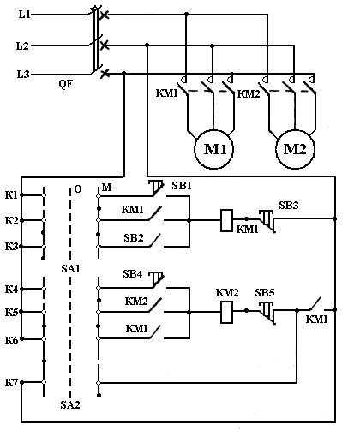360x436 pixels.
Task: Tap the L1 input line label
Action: click(25, 14)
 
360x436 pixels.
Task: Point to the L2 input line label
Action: click(22, 45)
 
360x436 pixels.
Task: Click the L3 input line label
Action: click(23, 75)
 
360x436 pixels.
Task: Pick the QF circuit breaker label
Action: click(66, 84)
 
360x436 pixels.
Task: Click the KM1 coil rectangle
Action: click(226, 220)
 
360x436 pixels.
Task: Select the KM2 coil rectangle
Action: click(227, 312)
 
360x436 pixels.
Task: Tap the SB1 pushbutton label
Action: click(182, 186)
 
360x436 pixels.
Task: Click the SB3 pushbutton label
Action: click(289, 206)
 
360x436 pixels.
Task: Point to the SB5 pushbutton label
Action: click(265, 293)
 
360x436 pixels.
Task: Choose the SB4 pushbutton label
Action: click(133, 274)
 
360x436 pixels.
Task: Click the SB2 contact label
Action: click(134, 237)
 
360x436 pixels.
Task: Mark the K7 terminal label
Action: click(11, 383)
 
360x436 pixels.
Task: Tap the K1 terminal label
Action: click(11, 195)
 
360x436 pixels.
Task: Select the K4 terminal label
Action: click(11, 290)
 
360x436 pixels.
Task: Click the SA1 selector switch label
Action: click(70, 269)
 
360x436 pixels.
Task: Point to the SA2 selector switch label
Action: click(70, 404)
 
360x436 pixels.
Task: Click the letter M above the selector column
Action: click(106, 188)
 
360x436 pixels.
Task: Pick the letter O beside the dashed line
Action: click(78, 189)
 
